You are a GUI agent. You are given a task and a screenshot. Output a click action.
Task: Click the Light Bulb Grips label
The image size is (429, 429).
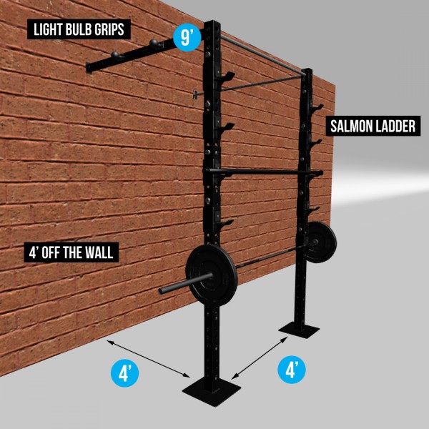point(79,29)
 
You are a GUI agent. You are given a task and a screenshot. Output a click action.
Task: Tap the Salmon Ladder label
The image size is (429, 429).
point(373,126)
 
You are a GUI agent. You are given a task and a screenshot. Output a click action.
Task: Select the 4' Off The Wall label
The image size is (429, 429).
point(71,252)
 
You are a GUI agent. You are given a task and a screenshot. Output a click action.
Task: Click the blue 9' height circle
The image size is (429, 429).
point(187,38)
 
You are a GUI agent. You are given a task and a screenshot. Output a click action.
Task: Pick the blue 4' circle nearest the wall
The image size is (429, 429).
point(124,373)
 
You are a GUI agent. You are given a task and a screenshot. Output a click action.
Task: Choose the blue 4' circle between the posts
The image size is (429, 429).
point(292,370)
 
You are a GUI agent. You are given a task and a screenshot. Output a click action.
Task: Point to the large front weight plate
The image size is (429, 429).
point(212,275)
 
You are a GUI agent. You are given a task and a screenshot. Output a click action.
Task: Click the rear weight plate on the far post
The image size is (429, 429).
point(320,242)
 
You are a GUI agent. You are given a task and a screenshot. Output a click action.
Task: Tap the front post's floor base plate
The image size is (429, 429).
point(212,392)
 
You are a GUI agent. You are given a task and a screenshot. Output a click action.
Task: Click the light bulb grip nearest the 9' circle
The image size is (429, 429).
point(154,43)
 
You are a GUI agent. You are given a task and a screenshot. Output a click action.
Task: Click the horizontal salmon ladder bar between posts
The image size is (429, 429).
point(262,172)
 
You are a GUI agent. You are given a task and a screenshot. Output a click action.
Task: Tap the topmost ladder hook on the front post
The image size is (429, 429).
point(226,77)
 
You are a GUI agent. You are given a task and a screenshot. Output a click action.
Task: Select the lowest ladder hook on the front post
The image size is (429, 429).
point(225,223)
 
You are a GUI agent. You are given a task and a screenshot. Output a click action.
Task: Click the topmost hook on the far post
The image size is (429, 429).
point(317,107)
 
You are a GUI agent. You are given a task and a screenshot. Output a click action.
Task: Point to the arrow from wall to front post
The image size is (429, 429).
point(149,359)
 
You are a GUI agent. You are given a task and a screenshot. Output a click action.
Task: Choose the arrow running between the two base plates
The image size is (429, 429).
point(260,358)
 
